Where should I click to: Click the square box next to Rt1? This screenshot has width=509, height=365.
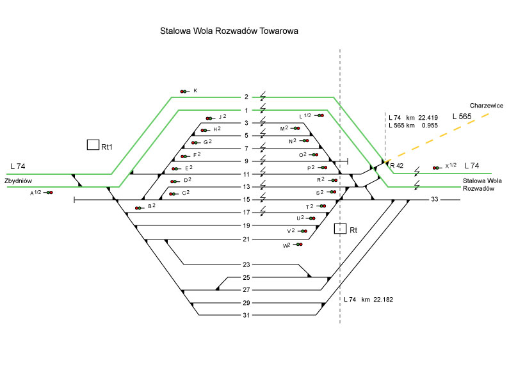(93, 145)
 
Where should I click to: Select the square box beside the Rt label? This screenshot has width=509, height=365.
(341, 229)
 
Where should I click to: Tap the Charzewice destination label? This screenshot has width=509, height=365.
(485, 105)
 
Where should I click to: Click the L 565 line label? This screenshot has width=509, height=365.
(463, 117)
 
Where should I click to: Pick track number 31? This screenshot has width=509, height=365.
(246, 315)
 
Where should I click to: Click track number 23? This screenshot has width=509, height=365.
(246, 264)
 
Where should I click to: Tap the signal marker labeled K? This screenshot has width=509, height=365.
(184, 92)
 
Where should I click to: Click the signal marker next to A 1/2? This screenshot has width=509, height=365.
(49, 193)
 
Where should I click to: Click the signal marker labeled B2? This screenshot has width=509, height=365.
(140, 207)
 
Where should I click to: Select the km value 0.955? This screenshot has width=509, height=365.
(429, 126)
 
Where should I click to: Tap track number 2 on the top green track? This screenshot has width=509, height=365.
(246, 97)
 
